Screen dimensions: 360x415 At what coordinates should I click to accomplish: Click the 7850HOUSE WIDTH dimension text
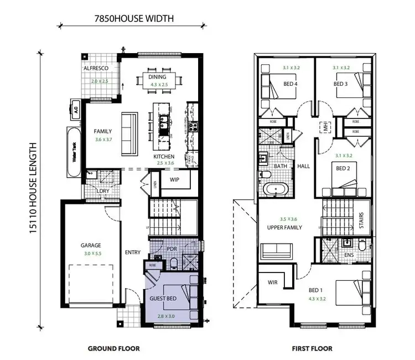click(133, 18)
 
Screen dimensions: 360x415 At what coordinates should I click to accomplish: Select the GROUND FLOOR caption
click(114, 348)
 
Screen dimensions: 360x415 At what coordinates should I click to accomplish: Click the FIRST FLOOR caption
click(312, 348)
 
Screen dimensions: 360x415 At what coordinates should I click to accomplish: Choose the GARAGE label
click(91, 245)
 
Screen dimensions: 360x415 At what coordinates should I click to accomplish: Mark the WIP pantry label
click(175, 180)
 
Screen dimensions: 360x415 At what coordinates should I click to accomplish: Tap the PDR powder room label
click(171, 249)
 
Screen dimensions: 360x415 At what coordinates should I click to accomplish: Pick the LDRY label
click(102, 191)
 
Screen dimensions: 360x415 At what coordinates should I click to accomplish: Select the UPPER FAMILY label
click(284, 227)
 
